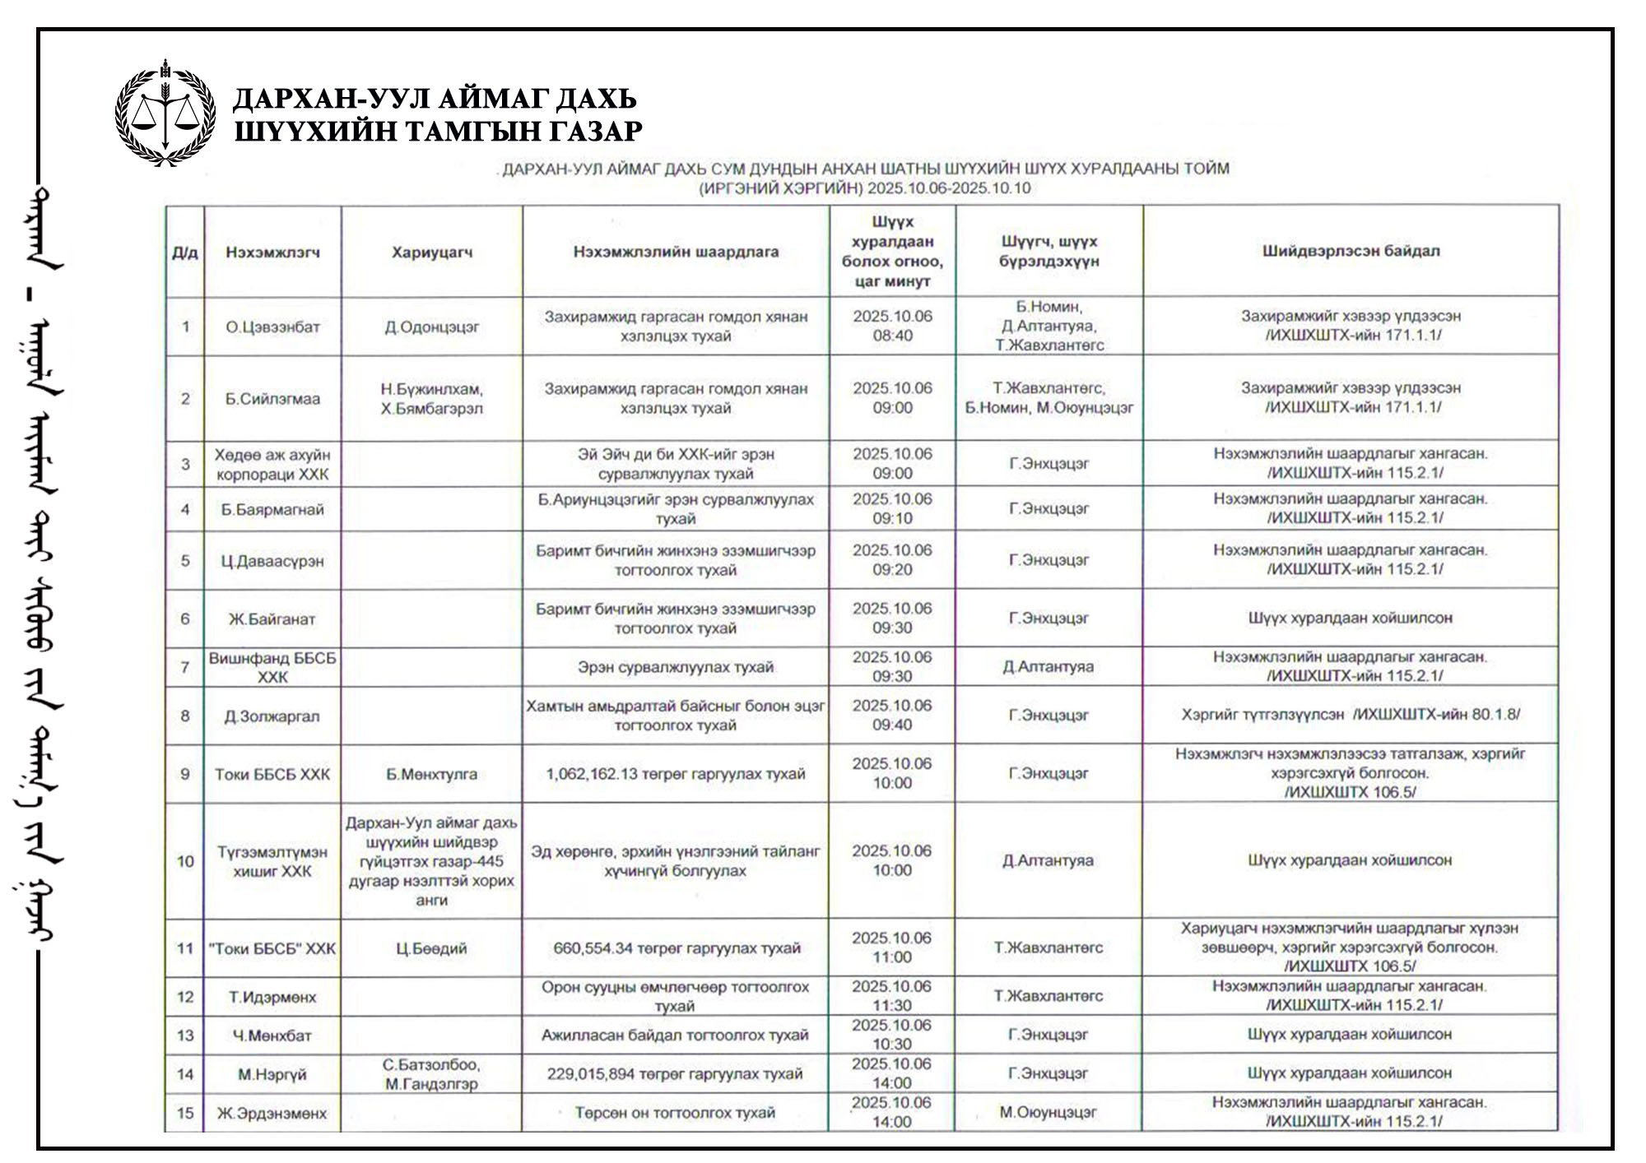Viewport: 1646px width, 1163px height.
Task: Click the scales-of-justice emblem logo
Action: [x=166, y=113]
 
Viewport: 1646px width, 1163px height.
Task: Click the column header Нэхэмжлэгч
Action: [x=272, y=253]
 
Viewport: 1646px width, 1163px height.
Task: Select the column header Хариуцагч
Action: [x=432, y=253]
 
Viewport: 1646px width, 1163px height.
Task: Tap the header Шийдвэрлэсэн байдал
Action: [x=1351, y=251]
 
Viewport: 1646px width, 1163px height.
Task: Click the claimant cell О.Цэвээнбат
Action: [x=272, y=327]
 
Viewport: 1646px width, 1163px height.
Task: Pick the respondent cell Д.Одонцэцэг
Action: [x=432, y=327]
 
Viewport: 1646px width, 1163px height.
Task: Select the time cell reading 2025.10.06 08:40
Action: [x=892, y=326]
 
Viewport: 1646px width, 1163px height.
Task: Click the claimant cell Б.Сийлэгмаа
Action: [x=272, y=399]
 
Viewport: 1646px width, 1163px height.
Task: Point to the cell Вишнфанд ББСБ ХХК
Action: [x=272, y=667]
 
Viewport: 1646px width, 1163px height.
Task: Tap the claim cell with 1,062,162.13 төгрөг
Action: [x=676, y=774]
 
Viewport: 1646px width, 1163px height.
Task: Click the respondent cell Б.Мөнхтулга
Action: [x=432, y=774]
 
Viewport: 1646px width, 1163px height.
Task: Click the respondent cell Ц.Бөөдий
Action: [x=432, y=948]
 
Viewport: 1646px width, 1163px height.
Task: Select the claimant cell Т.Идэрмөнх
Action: [x=272, y=997]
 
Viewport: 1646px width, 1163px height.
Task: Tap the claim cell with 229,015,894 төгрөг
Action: [x=675, y=1074]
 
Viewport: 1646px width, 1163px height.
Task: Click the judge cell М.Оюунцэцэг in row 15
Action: [x=1048, y=1113]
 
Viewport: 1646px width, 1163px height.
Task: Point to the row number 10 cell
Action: [x=185, y=861]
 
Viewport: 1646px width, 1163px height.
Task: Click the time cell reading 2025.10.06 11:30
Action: [x=892, y=996]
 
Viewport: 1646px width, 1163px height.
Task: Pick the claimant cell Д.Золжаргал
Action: [x=272, y=716]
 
